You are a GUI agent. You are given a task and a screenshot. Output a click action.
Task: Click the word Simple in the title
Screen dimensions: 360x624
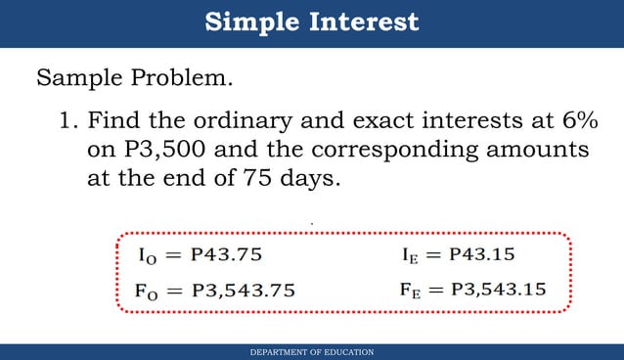[250, 22]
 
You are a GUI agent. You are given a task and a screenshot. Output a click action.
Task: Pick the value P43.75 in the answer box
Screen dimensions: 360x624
[227, 255]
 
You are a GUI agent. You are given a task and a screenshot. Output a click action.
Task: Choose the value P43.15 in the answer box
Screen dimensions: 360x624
[481, 255]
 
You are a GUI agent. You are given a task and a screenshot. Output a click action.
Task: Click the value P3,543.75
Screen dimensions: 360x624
[244, 290]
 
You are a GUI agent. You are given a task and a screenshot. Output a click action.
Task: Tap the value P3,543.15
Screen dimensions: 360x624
[498, 290]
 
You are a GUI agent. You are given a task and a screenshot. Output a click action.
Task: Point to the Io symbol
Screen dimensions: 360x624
[144, 256]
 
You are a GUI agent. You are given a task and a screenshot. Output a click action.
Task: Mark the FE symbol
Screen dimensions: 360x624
[411, 291]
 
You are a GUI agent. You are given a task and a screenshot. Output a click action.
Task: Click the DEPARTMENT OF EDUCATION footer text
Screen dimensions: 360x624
[312, 351]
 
